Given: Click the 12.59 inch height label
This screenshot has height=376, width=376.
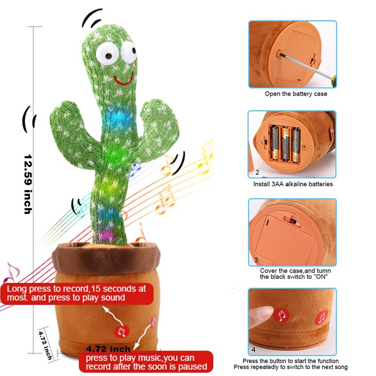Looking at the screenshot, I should [28, 184].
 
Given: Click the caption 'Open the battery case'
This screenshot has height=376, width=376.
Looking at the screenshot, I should [296, 94].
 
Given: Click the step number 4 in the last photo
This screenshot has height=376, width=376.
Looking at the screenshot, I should [254, 350].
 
